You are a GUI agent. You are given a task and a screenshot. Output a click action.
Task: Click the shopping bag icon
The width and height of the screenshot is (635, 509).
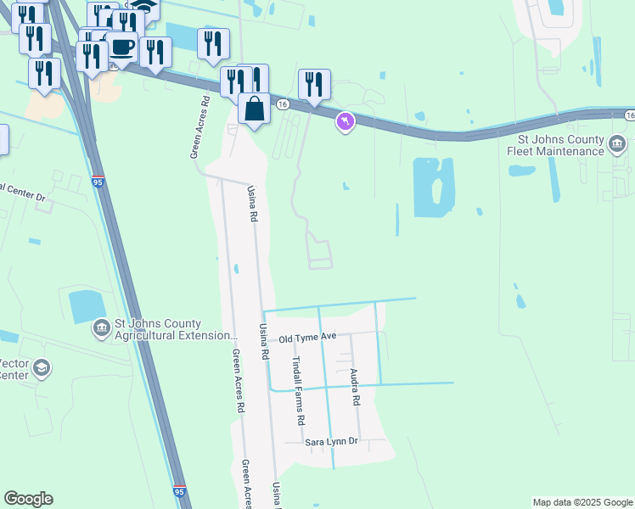click(x=254, y=109)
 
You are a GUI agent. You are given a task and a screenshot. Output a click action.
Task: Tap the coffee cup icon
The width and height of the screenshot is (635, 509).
click(x=122, y=48)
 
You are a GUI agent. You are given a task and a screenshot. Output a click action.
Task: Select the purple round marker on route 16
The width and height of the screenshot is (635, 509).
click(x=345, y=123)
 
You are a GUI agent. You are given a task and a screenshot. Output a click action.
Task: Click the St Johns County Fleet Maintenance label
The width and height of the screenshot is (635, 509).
click(x=561, y=145)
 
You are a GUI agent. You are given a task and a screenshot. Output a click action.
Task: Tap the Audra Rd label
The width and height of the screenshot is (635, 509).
click(x=356, y=387)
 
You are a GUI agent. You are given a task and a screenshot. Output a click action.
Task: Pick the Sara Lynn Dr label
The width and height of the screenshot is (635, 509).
click(x=333, y=442)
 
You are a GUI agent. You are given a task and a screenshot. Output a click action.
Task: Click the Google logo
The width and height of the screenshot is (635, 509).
click(x=28, y=499)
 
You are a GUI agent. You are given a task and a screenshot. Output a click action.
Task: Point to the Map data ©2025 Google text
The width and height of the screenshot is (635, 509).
click(x=582, y=502)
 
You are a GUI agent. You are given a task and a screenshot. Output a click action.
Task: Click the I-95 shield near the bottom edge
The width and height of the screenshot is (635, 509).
click(x=179, y=491)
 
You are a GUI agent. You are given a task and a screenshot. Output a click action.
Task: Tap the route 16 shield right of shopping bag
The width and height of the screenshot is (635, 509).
click(x=283, y=103)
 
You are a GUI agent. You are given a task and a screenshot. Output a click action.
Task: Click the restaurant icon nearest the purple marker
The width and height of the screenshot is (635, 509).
click(x=314, y=84)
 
